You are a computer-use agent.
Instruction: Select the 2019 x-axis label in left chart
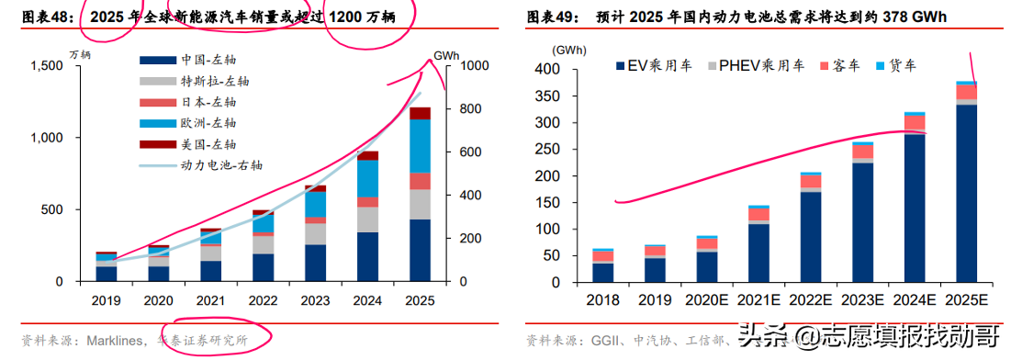[x=107, y=299]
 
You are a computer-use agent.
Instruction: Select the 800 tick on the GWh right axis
[x=459, y=109]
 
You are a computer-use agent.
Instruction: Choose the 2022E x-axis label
[x=810, y=300]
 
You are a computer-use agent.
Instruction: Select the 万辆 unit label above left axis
[x=79, y=54]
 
